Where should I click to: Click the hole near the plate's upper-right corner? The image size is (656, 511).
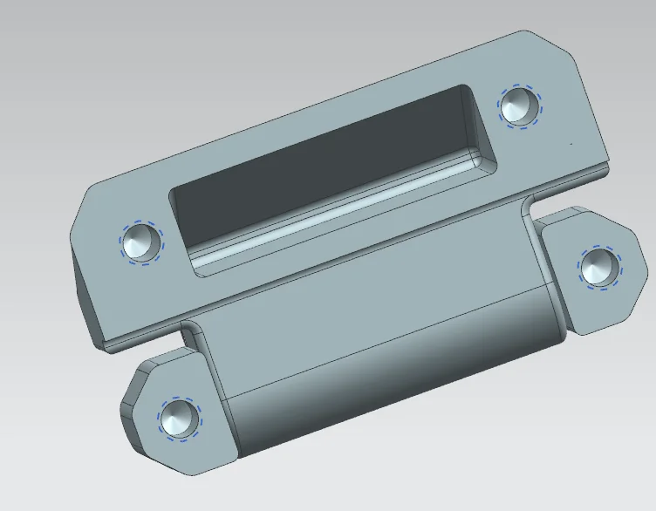(519, 107)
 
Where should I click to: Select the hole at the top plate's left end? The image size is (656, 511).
(140, 242)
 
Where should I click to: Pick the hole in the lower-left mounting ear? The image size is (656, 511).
(179, 419)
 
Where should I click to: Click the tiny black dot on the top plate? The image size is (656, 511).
(571, 142)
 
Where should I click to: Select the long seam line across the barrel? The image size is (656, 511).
(384, 345)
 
